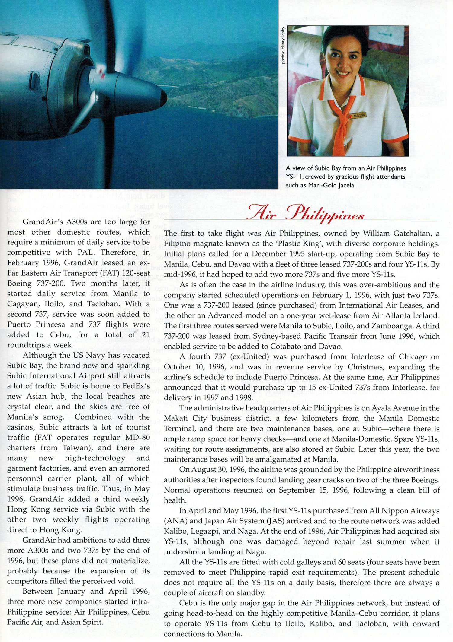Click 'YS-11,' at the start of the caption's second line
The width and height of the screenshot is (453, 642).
(x=295, y=177)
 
